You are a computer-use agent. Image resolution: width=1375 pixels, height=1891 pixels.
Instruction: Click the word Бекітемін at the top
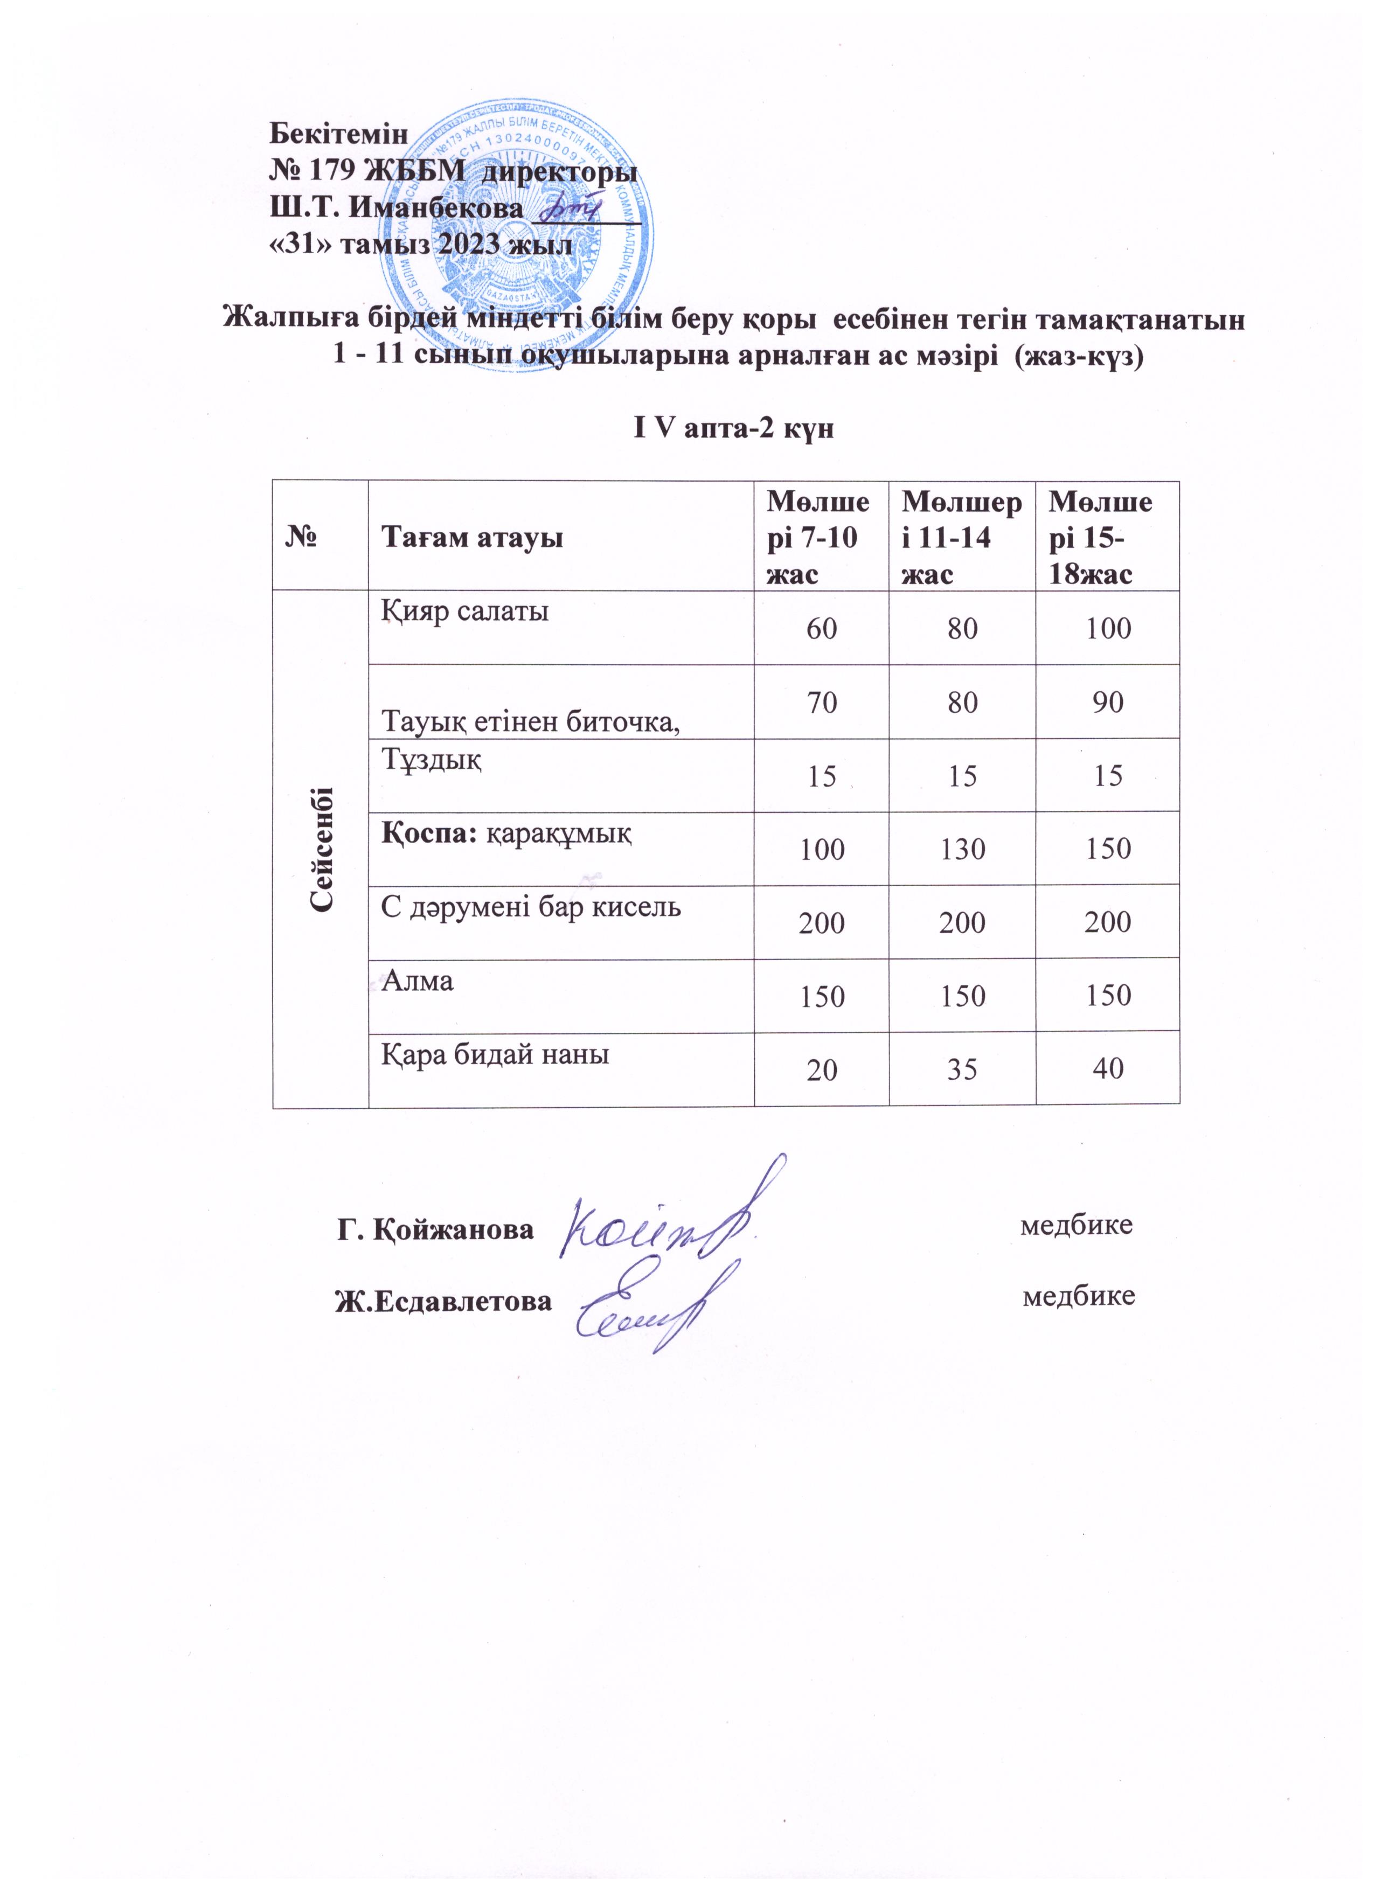338,134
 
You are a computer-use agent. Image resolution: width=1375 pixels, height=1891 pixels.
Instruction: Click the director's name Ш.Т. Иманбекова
396,208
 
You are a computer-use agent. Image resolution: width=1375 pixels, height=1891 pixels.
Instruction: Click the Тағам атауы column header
472,538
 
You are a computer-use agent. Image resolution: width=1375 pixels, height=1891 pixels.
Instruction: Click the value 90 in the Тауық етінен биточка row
1107,702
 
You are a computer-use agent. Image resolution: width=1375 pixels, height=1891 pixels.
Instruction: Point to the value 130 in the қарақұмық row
962,849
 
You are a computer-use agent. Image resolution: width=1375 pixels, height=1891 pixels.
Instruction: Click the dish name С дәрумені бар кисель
531,906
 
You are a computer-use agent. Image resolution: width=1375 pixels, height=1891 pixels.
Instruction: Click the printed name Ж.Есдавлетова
443,1301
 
